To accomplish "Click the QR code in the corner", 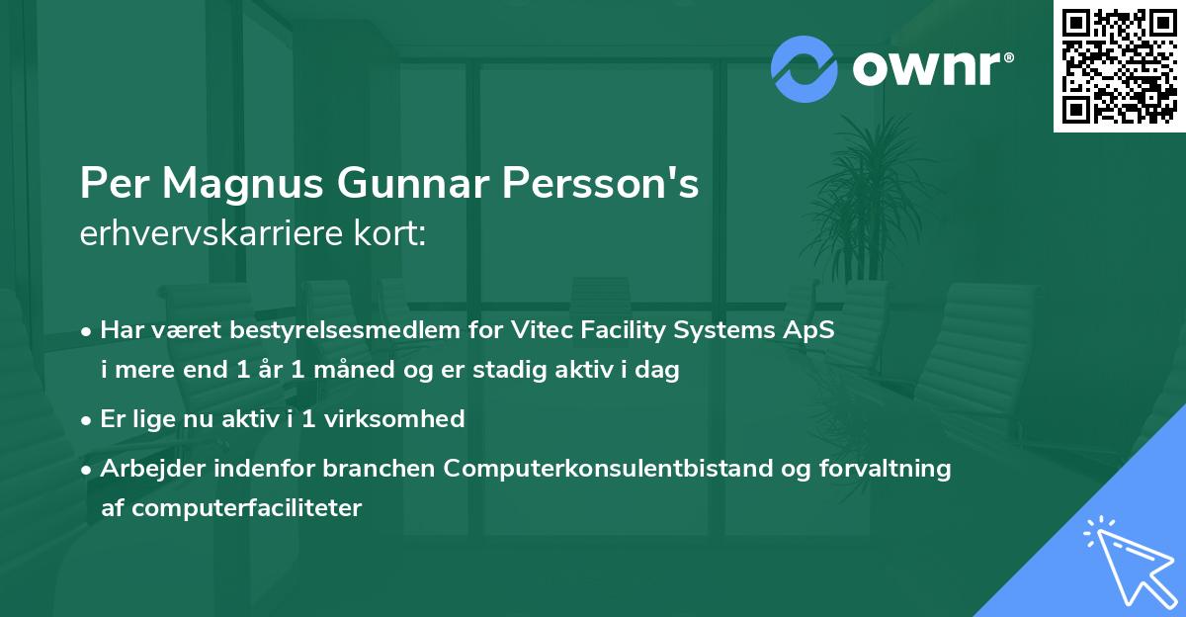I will point(1120,65).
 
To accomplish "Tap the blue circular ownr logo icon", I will point(805,68).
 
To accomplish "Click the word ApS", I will point(811,330).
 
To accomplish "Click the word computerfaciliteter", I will point(232,508).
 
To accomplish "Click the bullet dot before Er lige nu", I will point(88,420).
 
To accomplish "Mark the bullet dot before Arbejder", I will point(88,469).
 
